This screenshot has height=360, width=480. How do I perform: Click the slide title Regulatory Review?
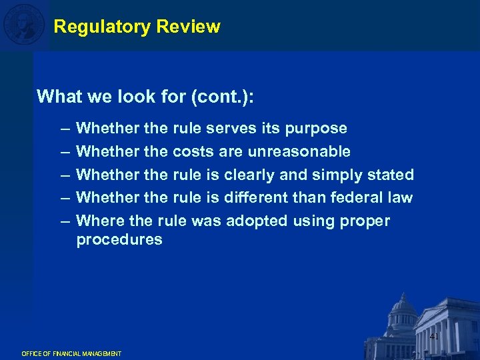pyautogui.click(x=137, y=27)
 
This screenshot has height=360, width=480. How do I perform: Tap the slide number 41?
pyautogui.click(x=434, y=337)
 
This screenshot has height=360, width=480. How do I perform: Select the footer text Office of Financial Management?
pyautogui.click(x=71, y=353)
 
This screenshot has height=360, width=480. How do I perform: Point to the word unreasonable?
pyautogui.click(x=299, y=151)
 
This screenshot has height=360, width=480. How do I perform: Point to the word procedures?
pyautogui.click(x=119, y=239)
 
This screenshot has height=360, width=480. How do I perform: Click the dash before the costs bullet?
pyautogui.click(x=63, y=152)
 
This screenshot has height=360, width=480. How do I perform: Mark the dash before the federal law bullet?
pyautogui.click(x=63, y=198)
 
